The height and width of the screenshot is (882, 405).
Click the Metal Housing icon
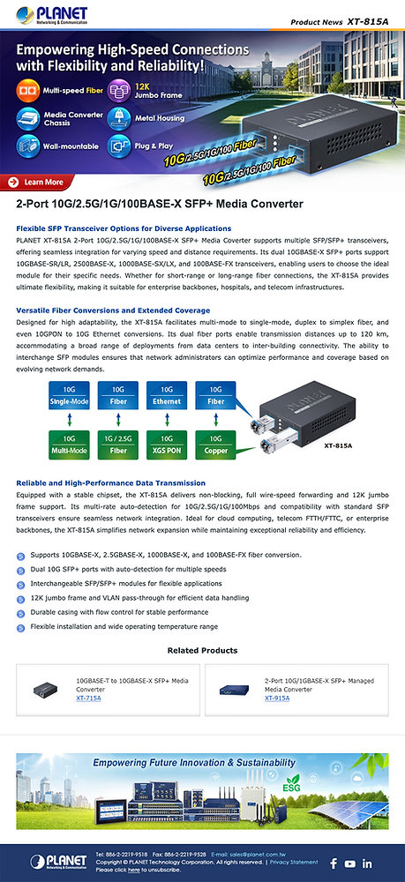click(119, 117)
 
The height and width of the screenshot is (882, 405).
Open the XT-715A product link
click(88, 698)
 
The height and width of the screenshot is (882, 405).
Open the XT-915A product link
click(277, 698)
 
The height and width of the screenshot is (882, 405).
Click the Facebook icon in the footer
click(334, 863)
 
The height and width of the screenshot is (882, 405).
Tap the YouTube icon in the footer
click(350, 863)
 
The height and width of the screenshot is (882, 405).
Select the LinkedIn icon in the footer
click(367, 863)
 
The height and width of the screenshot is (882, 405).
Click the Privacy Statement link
click(294, 863)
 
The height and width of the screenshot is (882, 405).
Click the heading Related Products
click(202, 651)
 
